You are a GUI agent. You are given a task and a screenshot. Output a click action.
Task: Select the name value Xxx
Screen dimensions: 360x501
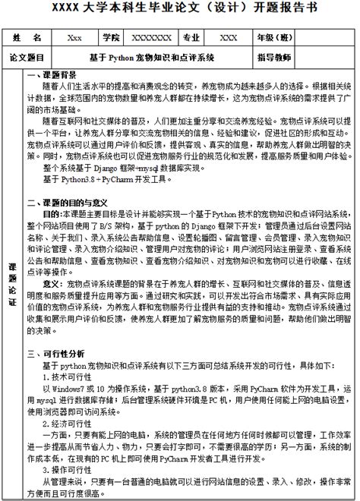click(x=74, y=37)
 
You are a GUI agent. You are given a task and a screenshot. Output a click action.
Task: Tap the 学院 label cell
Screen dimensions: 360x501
click(x=111, y=37)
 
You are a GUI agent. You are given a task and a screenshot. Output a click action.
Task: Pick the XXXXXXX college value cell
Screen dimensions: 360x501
click(x=151, y=37)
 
